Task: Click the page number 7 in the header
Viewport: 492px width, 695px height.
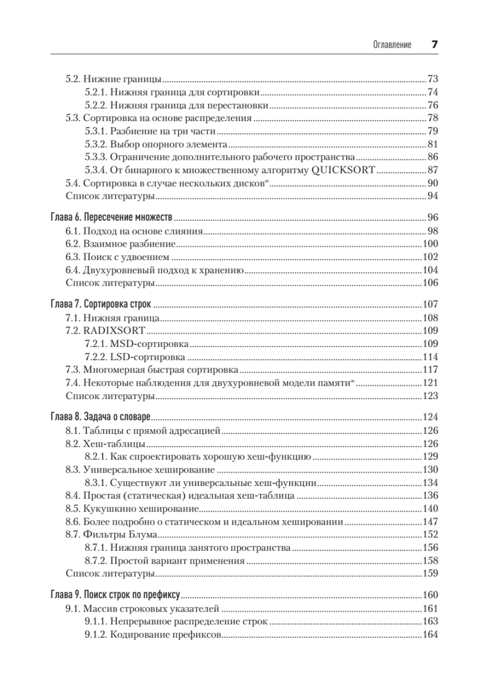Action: pyautogui.click(x=433, y=45)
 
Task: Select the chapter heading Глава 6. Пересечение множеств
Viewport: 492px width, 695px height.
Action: pyautogui.click(x=110, y=218)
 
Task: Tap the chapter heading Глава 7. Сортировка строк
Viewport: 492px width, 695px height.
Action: pyautogui.click(x=103, y=304)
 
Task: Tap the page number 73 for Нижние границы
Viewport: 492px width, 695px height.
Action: pyautogui.click(x=432, y=79)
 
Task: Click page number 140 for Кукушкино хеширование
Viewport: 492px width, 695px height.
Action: pyautogui.click(x=430, y=509)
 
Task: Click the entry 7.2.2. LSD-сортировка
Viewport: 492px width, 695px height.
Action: pyautogui.click(x=134, y=357)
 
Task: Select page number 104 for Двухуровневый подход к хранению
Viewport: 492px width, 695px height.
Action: pyautogui.click(x=430, y=270)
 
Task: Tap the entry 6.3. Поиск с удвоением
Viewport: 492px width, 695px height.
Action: pyautogui.click(x=117, y=257)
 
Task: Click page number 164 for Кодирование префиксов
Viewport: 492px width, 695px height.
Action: pyautogui.click(x=430, y=635)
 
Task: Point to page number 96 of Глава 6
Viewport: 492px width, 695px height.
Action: pyautogui.click(x=432, y=218)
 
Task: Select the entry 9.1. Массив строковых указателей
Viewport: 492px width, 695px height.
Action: pyautogui.click(x=143, y=609)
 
